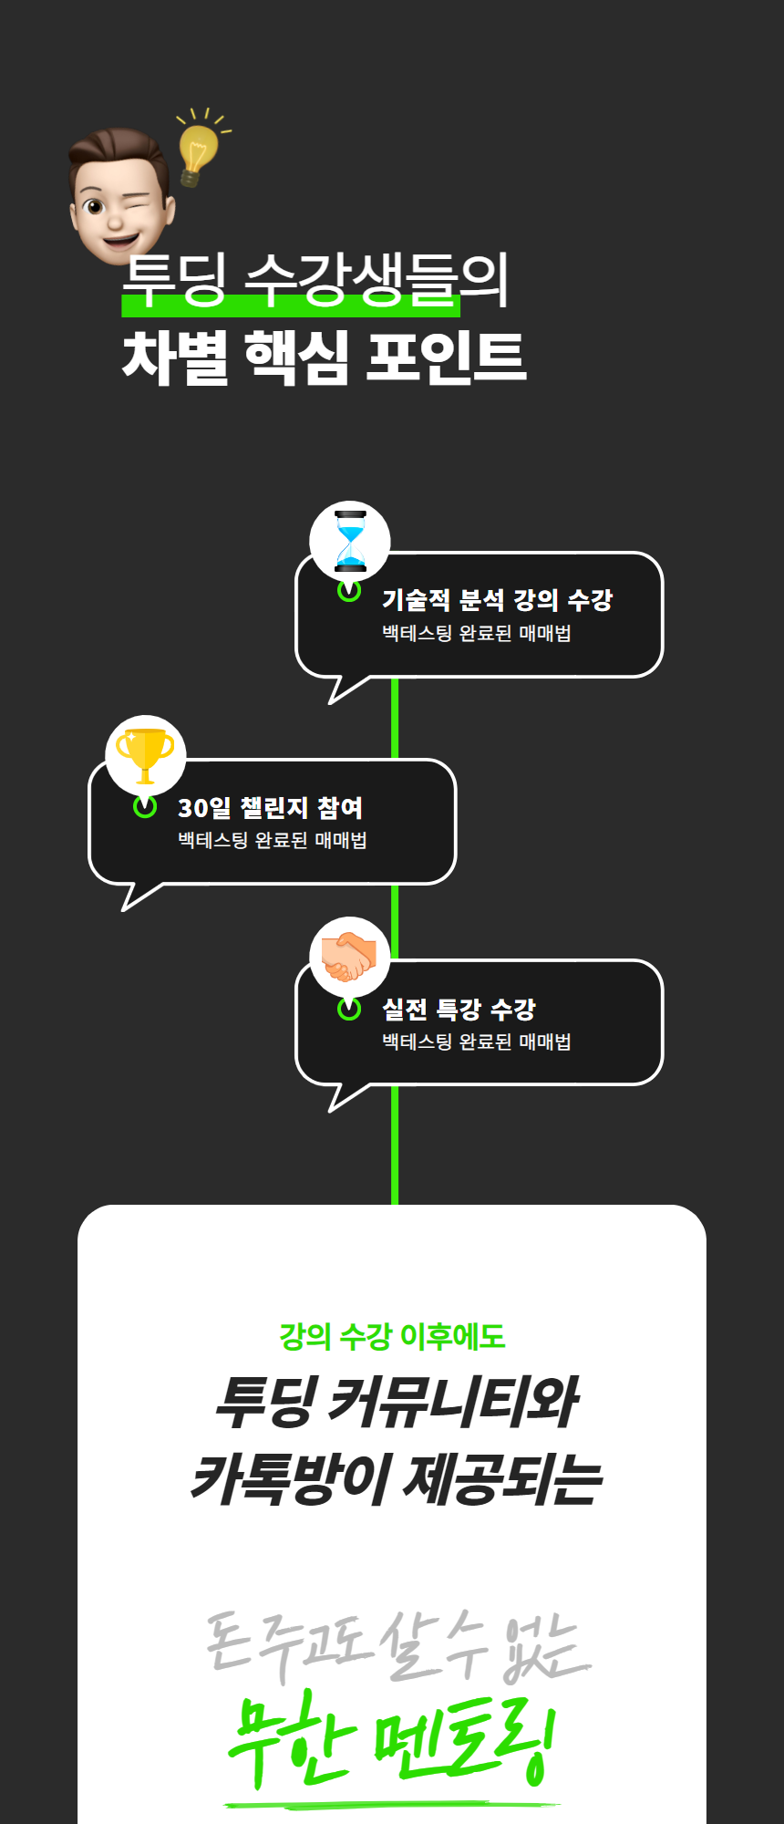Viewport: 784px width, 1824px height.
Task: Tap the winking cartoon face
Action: pos(120,195)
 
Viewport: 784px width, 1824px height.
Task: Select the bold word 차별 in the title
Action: pos(176,357)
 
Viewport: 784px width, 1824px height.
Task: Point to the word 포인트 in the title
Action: pos(447,357)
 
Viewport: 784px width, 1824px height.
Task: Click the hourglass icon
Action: pos(350,542)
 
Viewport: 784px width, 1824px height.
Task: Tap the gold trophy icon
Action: pos(145,755)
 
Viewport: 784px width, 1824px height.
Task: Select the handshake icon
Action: pos(348,956)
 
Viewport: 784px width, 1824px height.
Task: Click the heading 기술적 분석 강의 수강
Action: pos(497,599)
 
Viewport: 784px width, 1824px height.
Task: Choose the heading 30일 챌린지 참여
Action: pos(270,807)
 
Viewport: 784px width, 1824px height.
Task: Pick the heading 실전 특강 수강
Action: pos(459,1009)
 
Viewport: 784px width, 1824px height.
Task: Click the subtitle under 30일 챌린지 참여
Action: pos(273,840)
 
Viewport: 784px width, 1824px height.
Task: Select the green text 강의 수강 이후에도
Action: pos(392,1337)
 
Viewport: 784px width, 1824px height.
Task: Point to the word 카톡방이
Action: pos(291,1478)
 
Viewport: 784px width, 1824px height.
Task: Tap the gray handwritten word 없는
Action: pos(545,1647)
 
